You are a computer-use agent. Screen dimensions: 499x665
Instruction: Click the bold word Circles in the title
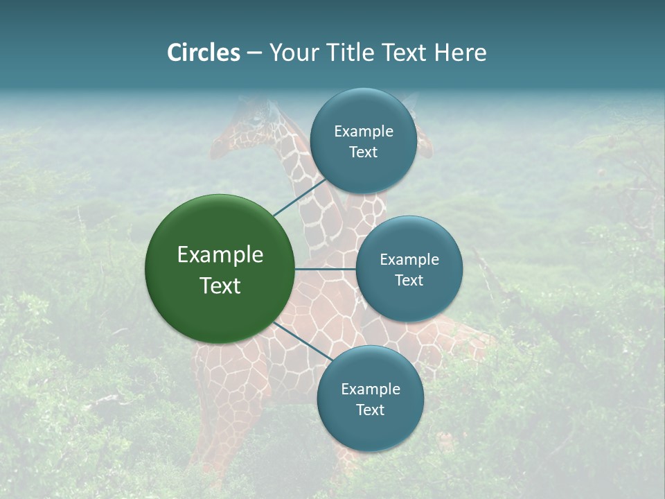pyautogui.click(x=204, y=53)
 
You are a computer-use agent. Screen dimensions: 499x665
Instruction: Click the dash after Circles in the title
pyautogui.click(x=254, y=53)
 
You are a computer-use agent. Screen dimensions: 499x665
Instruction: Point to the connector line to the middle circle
pyautogui.click(x=325, y=269)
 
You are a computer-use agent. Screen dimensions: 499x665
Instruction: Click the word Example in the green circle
pyautogui.click(x=220, y=255)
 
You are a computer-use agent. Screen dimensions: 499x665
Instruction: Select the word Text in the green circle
pyautogui.click(x=220, y=286)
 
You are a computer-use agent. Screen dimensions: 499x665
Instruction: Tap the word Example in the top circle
pyautogui.click(x=364, y=132)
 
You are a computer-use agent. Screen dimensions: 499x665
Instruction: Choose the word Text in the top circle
pyautogui.click(x=364, y=152)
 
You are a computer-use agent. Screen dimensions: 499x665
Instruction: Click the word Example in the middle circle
pyautogui.click(x=409, y=260)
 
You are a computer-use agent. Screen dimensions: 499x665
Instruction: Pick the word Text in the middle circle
pyautogui.click(x=409, y=281)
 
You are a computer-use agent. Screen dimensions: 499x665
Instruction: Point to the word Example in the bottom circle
pyautogui.click(x=371, y=389)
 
